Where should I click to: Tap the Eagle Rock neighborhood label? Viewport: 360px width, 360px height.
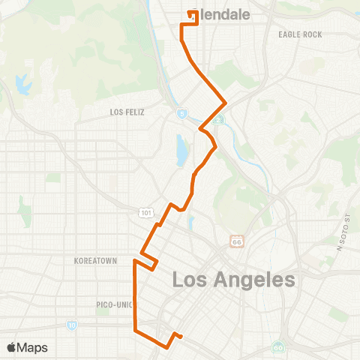pos(299,34)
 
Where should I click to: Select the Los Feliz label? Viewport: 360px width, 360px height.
pos(126,112)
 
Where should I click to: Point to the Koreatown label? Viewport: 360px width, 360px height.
pos(95,261)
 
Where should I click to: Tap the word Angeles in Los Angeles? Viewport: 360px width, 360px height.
pos(253,280)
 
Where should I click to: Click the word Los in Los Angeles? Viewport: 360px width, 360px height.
pos(191,280)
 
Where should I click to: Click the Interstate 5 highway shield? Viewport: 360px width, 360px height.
pos(181,113)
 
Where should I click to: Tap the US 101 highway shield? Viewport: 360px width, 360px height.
pos(144,213)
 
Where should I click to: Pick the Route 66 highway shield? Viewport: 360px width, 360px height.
pos(236,241)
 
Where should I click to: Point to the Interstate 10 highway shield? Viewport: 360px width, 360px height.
pos(71,325)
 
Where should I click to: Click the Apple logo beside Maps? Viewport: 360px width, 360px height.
pos(12,347)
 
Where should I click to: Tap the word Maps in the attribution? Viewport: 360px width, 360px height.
pos(34,347)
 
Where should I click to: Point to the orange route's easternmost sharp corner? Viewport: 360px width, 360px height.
pos(226,101)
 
